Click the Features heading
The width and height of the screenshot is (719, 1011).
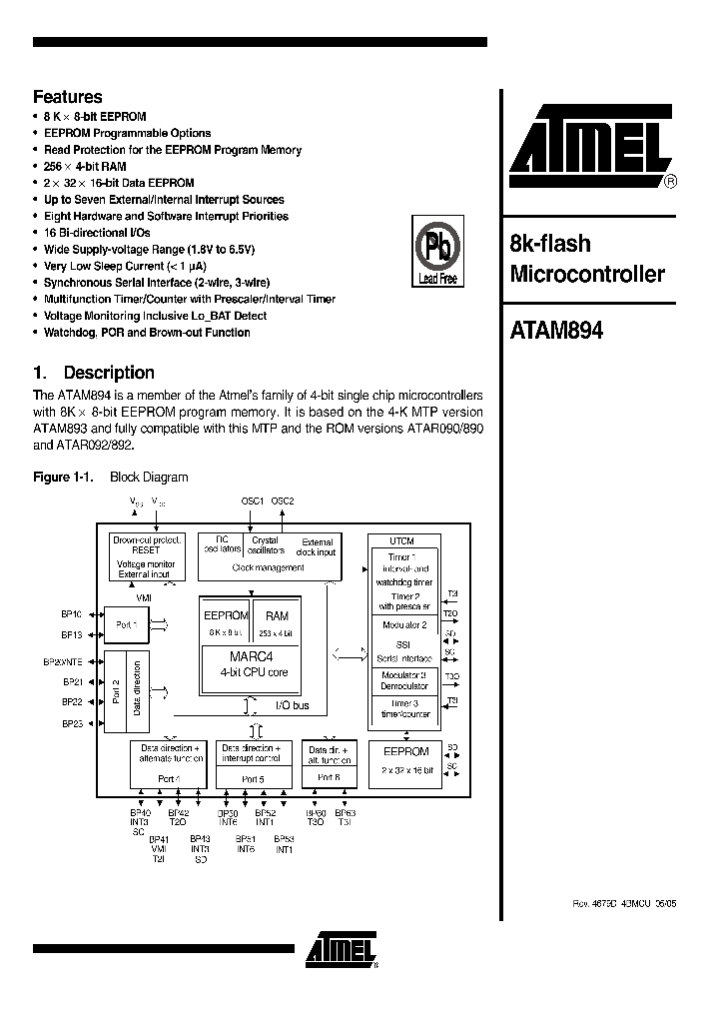(x=68, y=97)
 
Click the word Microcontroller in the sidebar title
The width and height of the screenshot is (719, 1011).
(x=587, y=274)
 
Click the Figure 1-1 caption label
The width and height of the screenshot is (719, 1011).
(x=63, y=478)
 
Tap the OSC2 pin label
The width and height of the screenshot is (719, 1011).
(x=284, y=501)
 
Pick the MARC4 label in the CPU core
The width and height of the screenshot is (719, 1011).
(x=253, y=656)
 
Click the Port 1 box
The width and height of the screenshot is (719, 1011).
(x=128, y=622)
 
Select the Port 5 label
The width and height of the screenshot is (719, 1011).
(x=254, y=778)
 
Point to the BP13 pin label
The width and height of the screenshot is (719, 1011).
(x=71, y=635)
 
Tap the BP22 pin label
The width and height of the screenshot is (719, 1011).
(x=71, y=701)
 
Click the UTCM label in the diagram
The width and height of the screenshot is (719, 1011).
(x=402, y=540)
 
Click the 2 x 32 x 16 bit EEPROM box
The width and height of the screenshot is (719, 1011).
(x=405, y=760)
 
